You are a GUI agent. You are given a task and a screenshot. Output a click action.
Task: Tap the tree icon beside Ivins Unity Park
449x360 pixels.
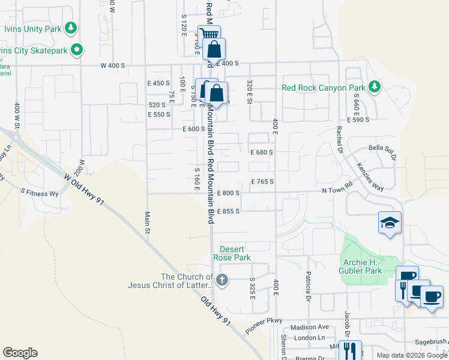coord(71,28)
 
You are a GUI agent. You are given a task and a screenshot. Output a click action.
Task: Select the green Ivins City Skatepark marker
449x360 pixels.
coord(76,50)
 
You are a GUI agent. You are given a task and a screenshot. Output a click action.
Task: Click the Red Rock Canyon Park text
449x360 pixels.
coord(323,88)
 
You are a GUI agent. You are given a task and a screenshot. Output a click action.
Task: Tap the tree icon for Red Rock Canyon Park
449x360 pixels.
coord(374,88)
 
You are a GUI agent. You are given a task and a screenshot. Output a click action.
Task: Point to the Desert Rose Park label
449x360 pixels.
coord(235,253)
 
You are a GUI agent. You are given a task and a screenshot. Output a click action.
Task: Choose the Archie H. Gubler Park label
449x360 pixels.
coord(370,266)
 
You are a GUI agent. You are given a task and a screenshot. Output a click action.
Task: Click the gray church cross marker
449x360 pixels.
coord(222,280)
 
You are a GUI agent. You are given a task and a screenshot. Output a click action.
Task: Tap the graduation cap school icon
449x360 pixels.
coord(390,223)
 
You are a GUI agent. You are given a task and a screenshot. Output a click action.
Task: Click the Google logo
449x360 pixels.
coord(20,353)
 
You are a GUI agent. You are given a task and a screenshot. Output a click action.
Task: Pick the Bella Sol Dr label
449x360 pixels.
coord(382,151)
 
